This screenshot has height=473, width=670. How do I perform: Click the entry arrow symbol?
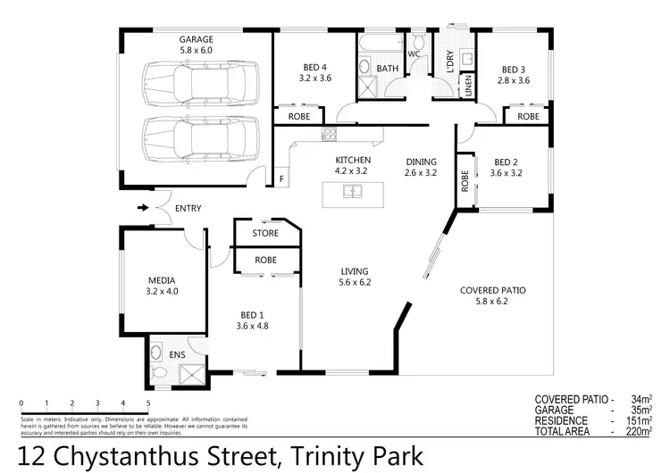point(142,209)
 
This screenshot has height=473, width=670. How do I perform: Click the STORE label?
point(265,234)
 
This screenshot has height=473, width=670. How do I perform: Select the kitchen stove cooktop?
point(328,136)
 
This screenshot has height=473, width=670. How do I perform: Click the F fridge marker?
point(281,178)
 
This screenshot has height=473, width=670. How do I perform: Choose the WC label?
point(414,54)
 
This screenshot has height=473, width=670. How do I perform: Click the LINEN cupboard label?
point(466,87)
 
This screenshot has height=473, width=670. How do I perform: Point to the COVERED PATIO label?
point(492,291)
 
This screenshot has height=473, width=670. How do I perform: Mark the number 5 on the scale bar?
point(148,402)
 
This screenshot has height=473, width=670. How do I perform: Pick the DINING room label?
point(420,162)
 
